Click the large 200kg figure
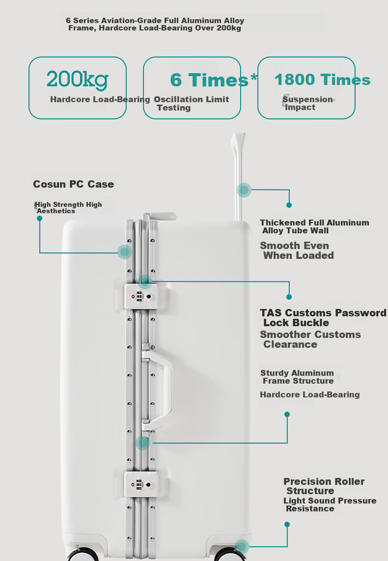(77, 80)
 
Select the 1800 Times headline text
(322, 80)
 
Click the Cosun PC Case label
(73, 184)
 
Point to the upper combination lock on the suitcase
(141, 296)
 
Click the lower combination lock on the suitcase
(141, 484)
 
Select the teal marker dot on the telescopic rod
(244, 190)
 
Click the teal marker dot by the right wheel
(241, 547)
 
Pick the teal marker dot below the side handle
(143, 443)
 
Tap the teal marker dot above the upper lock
(144, 281)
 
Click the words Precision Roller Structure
(324, 486)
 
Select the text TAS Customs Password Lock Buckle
(323, 318)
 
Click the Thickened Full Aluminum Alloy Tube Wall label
(314, 226)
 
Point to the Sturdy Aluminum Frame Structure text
(297, 377)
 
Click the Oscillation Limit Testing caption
(192, 103)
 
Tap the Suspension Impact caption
(307, 103)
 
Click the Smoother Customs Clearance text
(310, 339)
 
